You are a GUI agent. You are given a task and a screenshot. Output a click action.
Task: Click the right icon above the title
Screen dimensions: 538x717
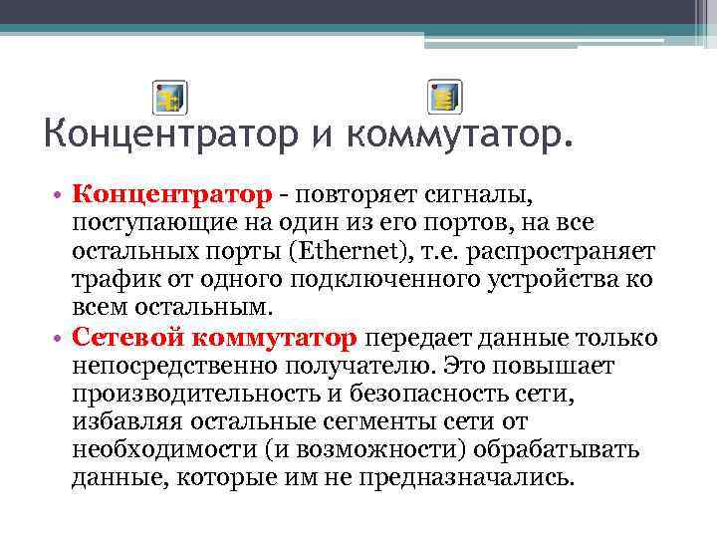point(445,99)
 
